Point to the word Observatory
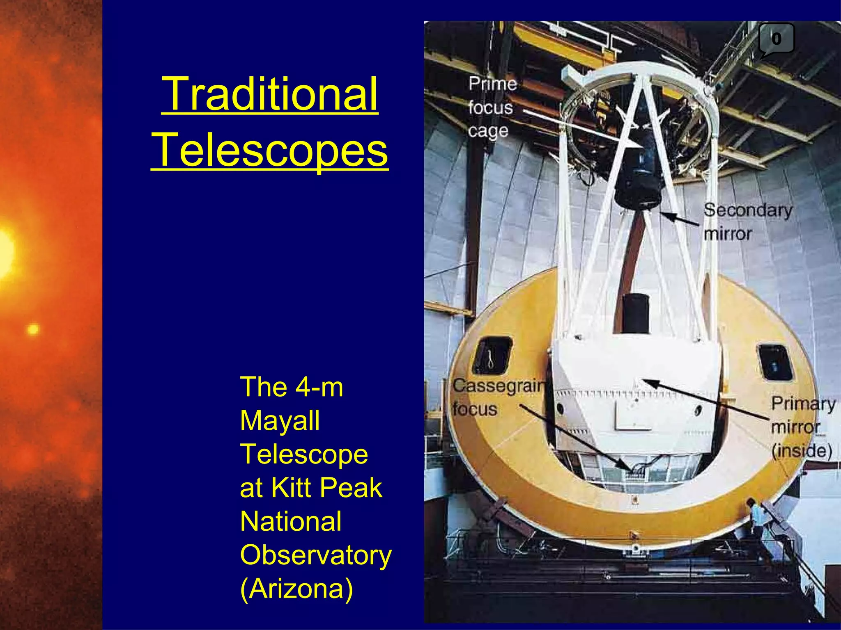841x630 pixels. point(315,555)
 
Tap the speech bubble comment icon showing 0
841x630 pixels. point(776,39)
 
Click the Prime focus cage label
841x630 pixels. point(492,107)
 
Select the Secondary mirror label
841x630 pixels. point(747,222)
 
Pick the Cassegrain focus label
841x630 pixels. point(498,397)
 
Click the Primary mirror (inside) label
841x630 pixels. point(802,427)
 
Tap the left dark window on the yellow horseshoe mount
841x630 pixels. point(492,355)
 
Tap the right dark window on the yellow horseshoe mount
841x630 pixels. point(774,362)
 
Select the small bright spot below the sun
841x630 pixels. point(33,329)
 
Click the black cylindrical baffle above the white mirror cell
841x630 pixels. point(635,313)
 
